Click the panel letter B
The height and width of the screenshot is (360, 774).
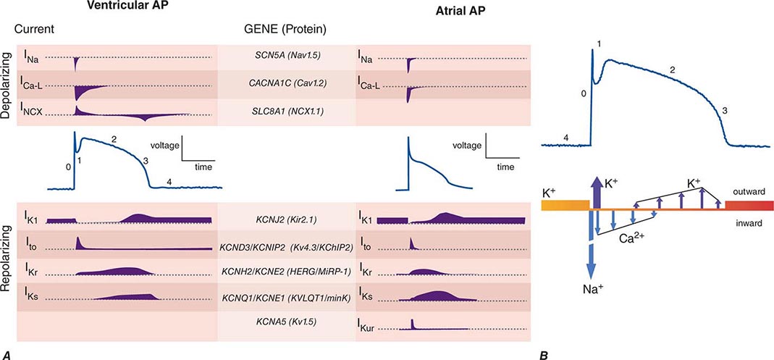coord(544,353)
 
